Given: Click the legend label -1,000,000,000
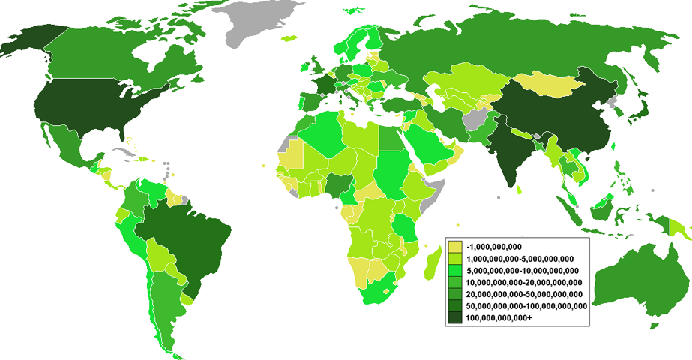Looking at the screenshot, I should [493, 247].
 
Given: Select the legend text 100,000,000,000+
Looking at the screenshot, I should [499, 318].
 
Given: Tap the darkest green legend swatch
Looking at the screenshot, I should [454, 318].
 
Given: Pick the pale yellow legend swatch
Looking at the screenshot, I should [454, 247].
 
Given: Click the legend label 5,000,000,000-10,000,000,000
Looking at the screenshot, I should [522, 271].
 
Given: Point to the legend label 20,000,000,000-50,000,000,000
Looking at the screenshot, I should [525, 294].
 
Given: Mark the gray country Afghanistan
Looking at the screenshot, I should [475, 120].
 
